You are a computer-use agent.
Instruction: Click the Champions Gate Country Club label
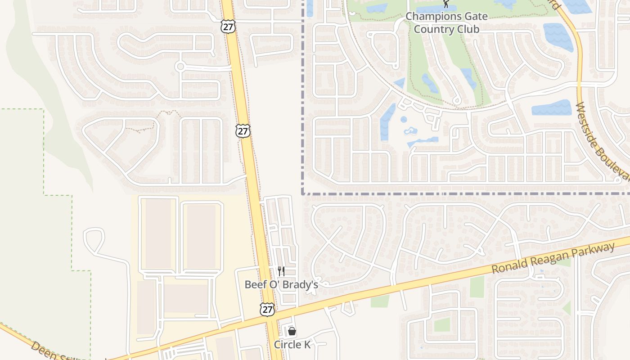pyautogui.click(x=446, y=23)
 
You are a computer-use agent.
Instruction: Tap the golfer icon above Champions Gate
pyautogui.click(x=446, y=4)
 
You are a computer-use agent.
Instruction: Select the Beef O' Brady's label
pyautogui.click(x=281, y=284)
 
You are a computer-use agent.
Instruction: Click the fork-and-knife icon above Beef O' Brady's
pyautogui.click(x=281, y=271)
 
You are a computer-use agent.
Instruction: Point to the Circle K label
pyautogui.click(x=292, y=345)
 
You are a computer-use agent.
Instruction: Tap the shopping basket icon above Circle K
pyautogui.click(x=292, y=332)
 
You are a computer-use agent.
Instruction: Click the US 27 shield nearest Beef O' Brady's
pyautogui.click(x=267, y=310)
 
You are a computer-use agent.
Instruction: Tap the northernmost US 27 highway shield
pyautogui.click(x=227, y=26)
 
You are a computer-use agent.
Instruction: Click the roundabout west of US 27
pyautogui.click(x=180, y=67)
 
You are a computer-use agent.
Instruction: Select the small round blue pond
pyautogui.click(x=404, y=120)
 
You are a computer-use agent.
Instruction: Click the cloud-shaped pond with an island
pyautogui.click(x=410, y=131)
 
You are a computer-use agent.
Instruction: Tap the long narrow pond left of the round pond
pyautogui.click(x=387, y=121)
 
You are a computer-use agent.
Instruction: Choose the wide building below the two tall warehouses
pyautogui.click(x=185, y=298)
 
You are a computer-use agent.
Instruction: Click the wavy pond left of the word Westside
pyautogui.click(x=551, y=108)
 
